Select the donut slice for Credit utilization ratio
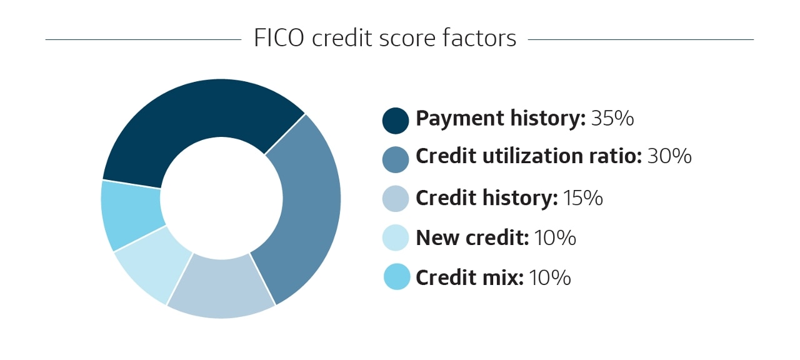click(x=306, y=206)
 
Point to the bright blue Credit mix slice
click(x=131, y=216)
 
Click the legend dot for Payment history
click(x=396, y=120)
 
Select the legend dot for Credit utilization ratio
click(x=396, y=158)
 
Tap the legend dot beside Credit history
click(x=396, y=198)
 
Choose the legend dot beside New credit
click(x=396, y=237)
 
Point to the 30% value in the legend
click(x=669, y=156)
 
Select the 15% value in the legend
click(x=582, y=198)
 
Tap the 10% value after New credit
click(x=555, y=237)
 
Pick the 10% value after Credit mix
click(x=550, y=277)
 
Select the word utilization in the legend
click(x=531, y=156)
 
